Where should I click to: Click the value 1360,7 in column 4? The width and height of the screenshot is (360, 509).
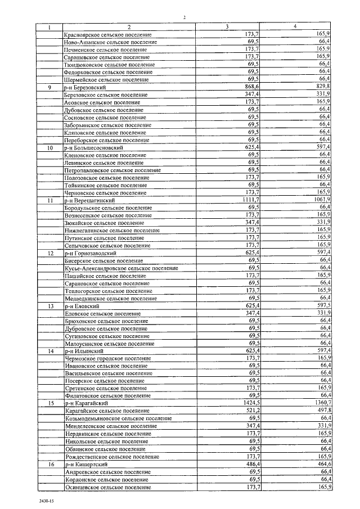pyautogui.click(x=319, y=403)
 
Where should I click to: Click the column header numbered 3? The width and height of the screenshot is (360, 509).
pyautogui.click(x=227, y=27)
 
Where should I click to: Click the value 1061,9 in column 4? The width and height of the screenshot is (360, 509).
pyautogui.click(x=319, y=200)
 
